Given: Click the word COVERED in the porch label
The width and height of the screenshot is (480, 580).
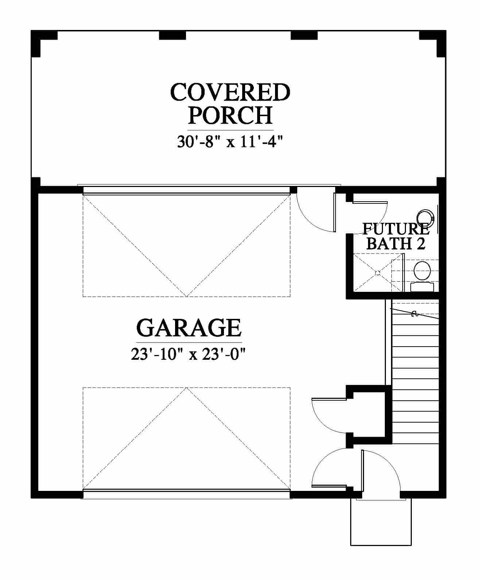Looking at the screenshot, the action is tap(230, 92).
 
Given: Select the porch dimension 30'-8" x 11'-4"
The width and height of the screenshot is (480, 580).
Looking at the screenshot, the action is tap(230, 142).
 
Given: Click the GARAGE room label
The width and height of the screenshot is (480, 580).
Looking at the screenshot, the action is tap(189, 328).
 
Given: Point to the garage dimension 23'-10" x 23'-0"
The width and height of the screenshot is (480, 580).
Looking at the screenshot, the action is tap(189, 354).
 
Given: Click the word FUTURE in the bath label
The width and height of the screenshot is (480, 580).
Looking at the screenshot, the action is tap(396, 229).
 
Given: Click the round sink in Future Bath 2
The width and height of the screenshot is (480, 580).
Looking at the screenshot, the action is tap(426, 217).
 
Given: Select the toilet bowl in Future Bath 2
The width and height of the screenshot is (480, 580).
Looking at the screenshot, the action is tap(422, 270).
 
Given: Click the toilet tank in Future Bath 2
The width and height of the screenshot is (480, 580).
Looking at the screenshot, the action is tap(422, 287).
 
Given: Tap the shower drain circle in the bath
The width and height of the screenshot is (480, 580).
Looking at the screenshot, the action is tap(378, 273).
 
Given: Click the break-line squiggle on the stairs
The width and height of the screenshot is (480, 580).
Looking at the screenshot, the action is tap(415, 314).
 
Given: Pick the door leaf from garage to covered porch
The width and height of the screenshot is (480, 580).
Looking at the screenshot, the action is tap(334, 212).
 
